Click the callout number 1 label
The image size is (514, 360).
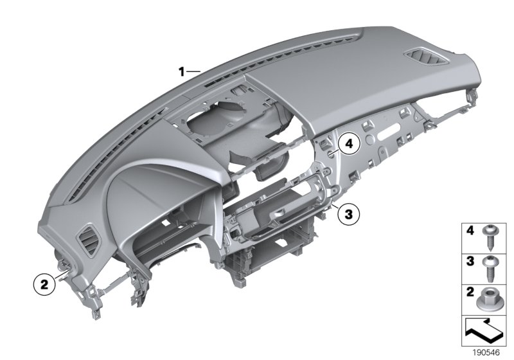[182, 71]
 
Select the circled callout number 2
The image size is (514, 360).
[44, 283]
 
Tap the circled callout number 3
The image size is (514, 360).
[348, 215]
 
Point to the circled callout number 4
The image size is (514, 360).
[348, 144]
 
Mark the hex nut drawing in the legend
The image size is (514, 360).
[492, 299]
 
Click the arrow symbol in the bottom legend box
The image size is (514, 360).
[484, 332]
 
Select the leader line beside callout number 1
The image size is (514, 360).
[194, 71]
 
